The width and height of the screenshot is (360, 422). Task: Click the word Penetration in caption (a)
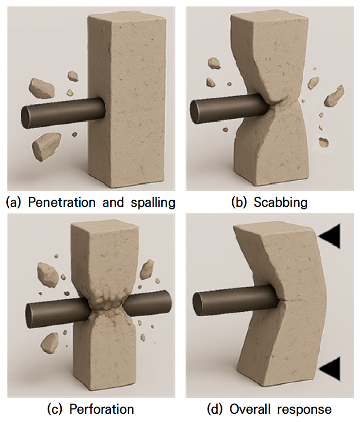coord(62,203)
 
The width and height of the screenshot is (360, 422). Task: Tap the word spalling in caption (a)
coord(153,203)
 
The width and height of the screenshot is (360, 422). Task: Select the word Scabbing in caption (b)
coord(280,203)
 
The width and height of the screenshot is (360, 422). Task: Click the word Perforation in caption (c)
coord(102,409)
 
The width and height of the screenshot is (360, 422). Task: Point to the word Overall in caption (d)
coord(247,409)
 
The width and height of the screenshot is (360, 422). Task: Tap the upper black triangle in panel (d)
coord(330,236)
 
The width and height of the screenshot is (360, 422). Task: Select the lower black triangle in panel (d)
coord(330,368)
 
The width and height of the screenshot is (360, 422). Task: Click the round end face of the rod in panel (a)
coord(27,118)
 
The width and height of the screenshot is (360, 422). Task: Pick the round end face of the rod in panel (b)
coord(195,112)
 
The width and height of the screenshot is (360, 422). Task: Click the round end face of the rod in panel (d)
coord(198,304)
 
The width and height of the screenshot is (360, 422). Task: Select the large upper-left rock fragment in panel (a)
coord(42,88)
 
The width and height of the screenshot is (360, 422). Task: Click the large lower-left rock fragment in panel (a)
coord(46,146)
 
